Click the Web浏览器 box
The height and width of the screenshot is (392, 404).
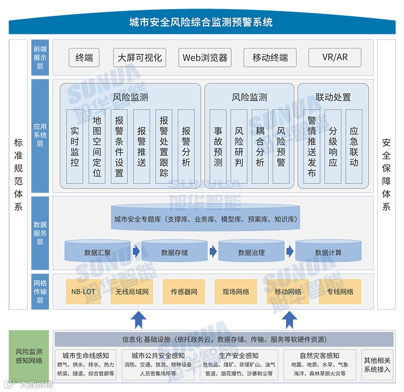click(205, 58)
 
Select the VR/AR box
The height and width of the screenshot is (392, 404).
click(335, 57)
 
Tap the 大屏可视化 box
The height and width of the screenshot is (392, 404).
click(140, 58)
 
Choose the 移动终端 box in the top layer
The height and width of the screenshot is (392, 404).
click(270, 58)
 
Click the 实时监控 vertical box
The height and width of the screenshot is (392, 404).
click(75, 146)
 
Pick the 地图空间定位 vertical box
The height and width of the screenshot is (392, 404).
click(97, 146)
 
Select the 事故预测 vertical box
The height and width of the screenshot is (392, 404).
click(218, 146)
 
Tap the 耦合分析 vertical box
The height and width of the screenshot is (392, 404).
click(260, 146)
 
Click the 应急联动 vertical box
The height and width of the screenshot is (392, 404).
click(354, 146)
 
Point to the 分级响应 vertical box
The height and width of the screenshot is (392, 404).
click(333, 146)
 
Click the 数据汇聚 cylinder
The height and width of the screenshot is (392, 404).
click(97, 252)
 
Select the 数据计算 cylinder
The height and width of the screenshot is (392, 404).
click(328, 252)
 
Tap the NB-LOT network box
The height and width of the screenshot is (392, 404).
click(83, 292)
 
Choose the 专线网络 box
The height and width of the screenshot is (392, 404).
click(340, 292)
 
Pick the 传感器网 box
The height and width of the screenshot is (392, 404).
click(184, 292)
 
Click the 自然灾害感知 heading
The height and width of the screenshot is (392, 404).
click(319, 356)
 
